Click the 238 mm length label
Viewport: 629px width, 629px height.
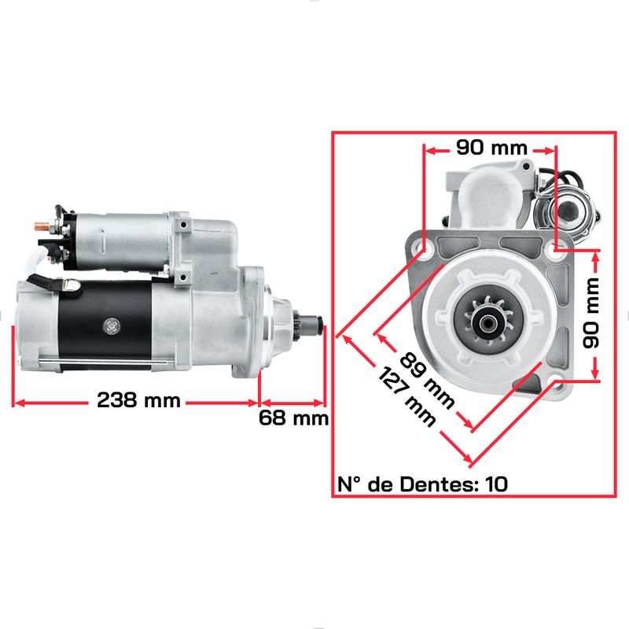[x=138, y=400]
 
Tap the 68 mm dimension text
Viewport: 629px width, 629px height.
[x=293, y=418]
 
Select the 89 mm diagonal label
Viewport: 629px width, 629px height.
[x=427, y=381]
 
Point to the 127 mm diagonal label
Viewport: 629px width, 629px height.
[x=406, y=397]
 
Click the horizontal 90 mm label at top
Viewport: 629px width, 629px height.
[x=491, y=148]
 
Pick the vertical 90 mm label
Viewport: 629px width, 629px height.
[x=590, y=313]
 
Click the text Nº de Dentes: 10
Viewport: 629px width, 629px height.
[x=422, y=484]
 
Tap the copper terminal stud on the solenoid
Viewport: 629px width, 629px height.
[x=42, y=226]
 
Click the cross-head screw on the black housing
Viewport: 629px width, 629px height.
[x=112, y=326]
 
